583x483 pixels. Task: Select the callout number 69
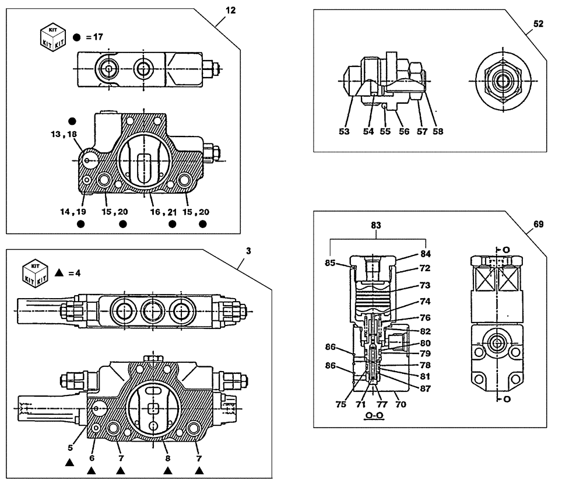pos(538,224)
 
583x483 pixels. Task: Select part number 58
pos(438,131)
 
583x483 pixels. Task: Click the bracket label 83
pos(378,224)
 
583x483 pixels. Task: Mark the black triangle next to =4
pos(59,272)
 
